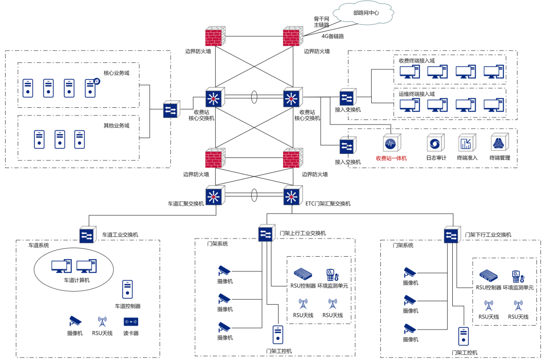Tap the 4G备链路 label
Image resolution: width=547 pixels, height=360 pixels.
point(333,36)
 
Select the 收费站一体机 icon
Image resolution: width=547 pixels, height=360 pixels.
point(392,143)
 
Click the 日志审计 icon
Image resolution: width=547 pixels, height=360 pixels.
point(436,143)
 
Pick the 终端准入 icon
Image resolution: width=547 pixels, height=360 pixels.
point(466,143)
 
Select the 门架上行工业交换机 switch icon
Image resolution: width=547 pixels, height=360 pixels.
point(265,234)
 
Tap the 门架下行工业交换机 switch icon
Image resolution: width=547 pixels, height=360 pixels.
point(451,235)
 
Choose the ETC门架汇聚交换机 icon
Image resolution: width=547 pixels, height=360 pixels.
point(292,196)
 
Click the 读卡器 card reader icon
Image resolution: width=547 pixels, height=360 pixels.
point(131,322)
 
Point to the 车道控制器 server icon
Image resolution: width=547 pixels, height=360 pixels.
point(127,289)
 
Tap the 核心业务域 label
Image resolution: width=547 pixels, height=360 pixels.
point(116,73)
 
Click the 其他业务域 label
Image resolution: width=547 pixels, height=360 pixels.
point(116,126)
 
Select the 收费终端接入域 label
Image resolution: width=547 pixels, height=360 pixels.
point(417,61)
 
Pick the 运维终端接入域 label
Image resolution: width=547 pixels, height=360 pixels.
point(417,94)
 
